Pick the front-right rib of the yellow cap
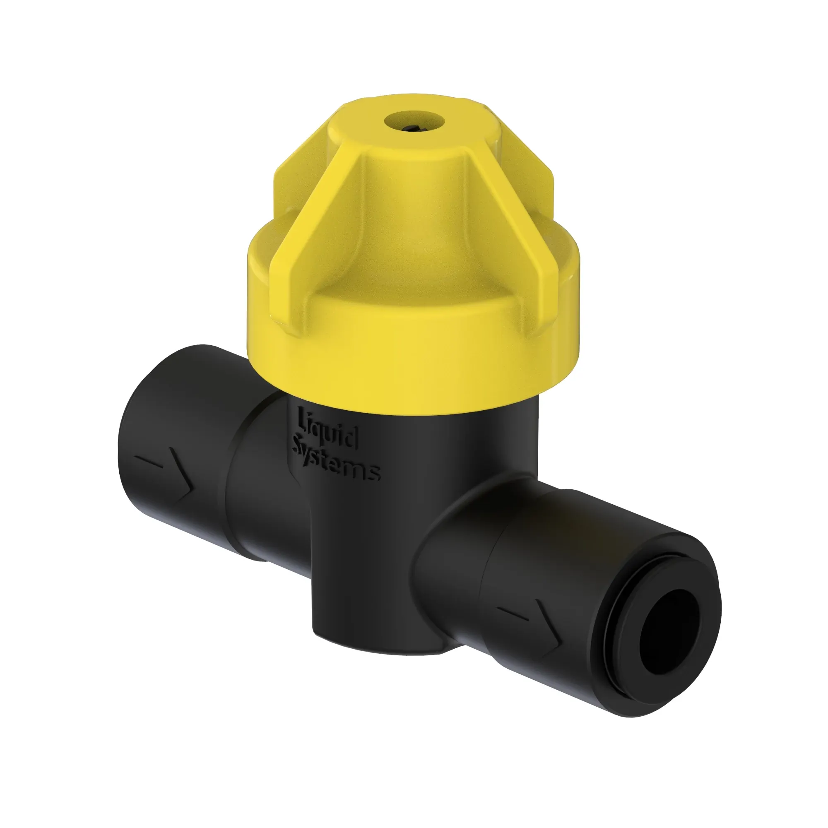[519, 240]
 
